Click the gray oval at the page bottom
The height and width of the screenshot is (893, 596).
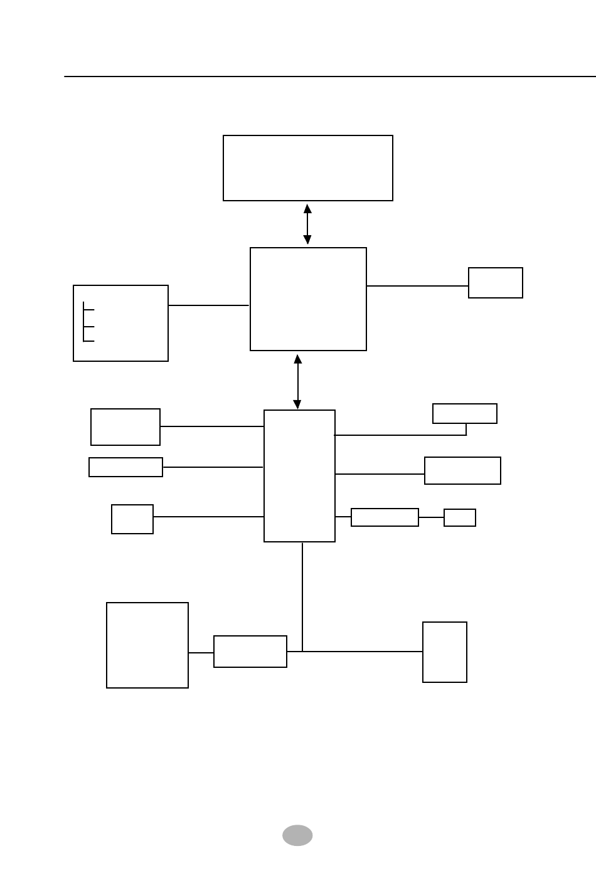(297, 835)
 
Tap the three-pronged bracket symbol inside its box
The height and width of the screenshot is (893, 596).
(88, 322)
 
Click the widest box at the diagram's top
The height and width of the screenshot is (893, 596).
(308, 168)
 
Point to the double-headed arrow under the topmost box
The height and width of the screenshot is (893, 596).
(307, 224)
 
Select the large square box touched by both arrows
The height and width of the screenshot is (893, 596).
(308, 299)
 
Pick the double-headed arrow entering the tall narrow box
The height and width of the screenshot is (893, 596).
(298, 381)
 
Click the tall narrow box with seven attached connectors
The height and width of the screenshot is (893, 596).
(299, 476)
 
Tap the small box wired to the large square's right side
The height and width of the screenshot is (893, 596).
(496, 283)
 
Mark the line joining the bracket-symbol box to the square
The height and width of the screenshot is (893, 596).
(209, 305)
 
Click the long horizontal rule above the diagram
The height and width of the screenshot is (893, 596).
(330, 77)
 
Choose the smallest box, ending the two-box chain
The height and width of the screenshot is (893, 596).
(460, 517)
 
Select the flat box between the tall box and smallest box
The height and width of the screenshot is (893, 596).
(385, 517)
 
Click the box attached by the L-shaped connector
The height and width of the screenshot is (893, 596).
(465, 413)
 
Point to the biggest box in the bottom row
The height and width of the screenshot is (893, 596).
(147, 645)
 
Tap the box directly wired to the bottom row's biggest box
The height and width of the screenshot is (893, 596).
(250, 652)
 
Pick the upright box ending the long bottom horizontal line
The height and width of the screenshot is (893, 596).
(445, 652)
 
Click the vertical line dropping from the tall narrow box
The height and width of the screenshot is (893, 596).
(302, 596)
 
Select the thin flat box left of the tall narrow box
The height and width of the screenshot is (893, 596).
(125, 467)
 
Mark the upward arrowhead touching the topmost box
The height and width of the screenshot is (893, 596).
(307, 208)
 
